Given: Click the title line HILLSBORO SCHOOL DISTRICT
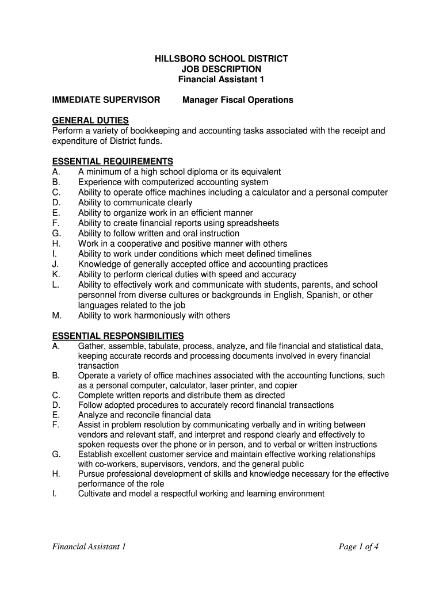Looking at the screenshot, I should click(221, 59).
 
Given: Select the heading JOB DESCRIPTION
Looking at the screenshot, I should click(221, 69).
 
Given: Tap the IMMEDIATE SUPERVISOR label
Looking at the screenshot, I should click(106, 100).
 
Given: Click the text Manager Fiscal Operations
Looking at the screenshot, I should click(238, 100).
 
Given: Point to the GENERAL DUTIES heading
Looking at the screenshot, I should click(90, 120).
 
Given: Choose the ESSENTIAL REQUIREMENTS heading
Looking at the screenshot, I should click(113, 162).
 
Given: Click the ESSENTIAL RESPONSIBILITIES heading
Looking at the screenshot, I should click(118, 335).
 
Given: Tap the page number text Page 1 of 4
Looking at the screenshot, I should click(358, 546).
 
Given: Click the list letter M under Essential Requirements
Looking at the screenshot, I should click(56, 316).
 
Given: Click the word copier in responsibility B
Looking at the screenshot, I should click(286, 385).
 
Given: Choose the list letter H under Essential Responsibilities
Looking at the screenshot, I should click(56, 474).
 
